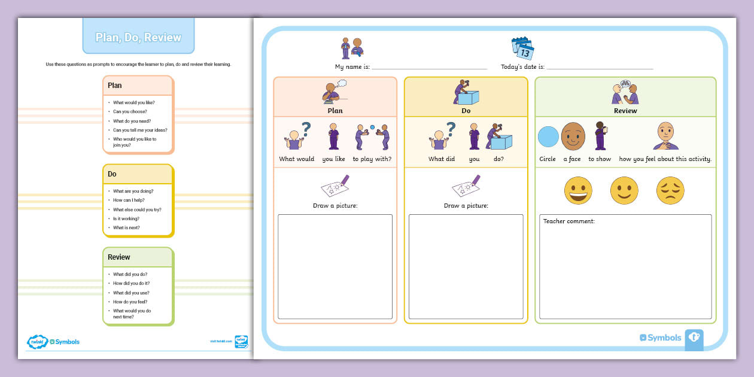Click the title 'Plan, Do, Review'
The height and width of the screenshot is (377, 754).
[138, 37]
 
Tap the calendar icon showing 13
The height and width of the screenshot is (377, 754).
[522, 48]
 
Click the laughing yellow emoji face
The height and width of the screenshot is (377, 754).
[578, 190]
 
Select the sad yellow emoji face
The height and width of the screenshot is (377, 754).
[670, 190]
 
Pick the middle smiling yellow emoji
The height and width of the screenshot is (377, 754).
[624, 190]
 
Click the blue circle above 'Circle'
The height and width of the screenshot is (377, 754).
[548, 136]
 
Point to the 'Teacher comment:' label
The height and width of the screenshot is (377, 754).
[568, 221]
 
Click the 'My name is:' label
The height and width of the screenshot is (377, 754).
[352, 67]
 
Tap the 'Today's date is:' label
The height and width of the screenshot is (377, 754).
[522, 67]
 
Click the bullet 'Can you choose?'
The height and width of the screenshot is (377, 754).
[130, 111]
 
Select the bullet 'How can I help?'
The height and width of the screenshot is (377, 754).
[129, 200]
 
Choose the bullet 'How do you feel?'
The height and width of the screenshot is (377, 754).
[130, 302]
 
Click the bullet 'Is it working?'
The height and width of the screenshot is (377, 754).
[126, 218]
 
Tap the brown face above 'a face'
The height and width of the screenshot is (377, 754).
[573, 136]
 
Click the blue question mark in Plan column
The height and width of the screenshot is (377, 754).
[306, 128]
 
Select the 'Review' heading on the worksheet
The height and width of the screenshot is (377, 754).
[625, 111]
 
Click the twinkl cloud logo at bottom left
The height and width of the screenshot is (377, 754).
[37, 342]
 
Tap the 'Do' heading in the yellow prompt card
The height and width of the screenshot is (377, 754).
[112, 174]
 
